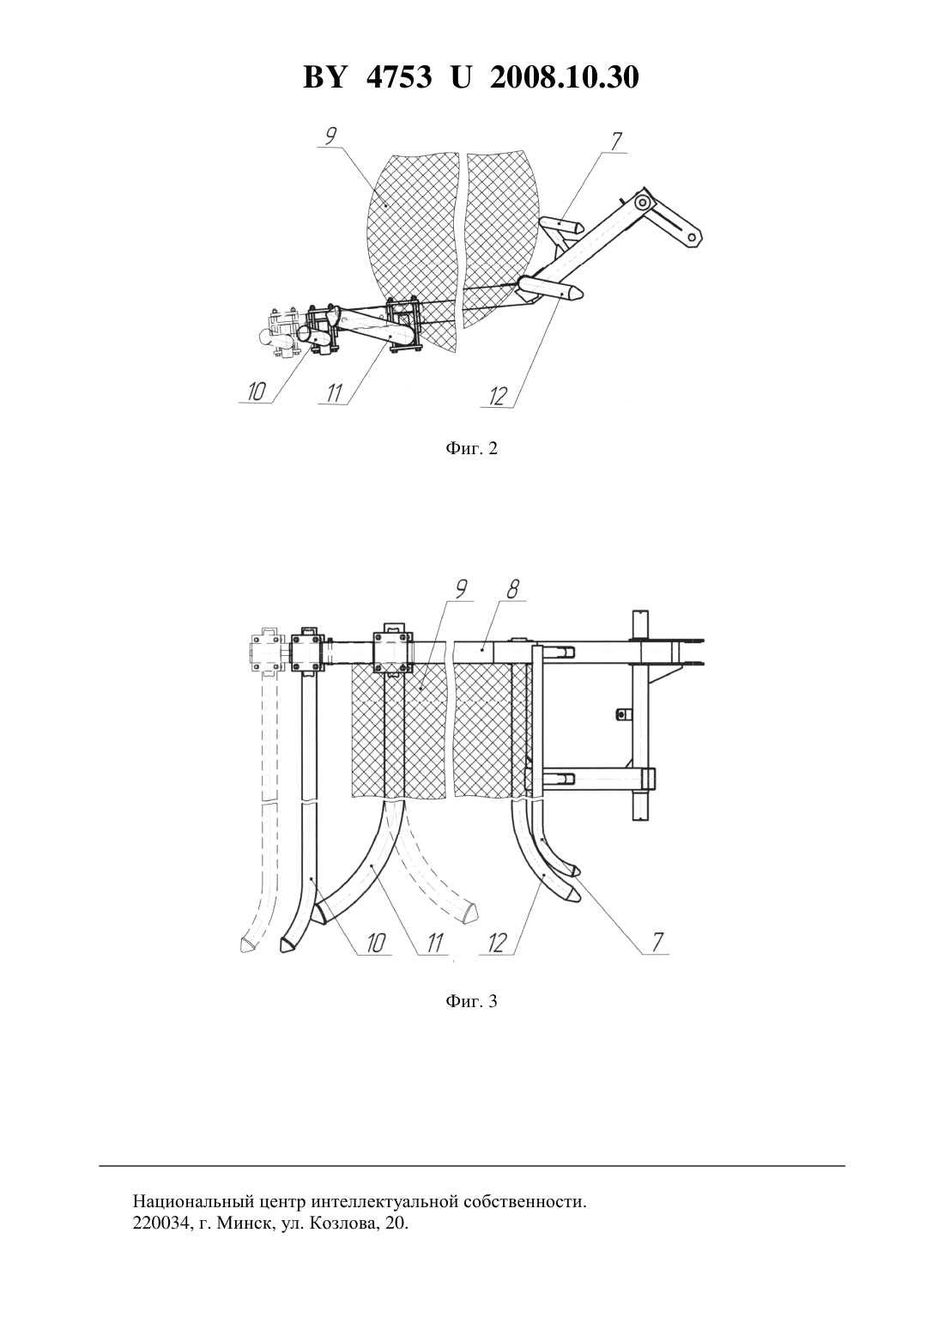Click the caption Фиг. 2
click(x=471, y=448)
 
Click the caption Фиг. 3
click(x=471, y=1001)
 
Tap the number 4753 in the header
click(x=399, y=77)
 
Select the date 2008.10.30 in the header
click(x=565, y=77)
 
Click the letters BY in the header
click(x=324, y=77)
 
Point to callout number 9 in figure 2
click(x=330, y=137)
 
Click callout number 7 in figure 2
click(x=616, y=142)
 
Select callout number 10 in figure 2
click(x=256, y=392)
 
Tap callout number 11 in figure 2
click(x=335, y=393)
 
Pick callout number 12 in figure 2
click(x=499, y=396)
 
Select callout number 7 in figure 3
click(x=657, y=943)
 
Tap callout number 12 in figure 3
click(x=497, y=943)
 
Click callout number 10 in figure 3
click(x=376, y=943)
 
